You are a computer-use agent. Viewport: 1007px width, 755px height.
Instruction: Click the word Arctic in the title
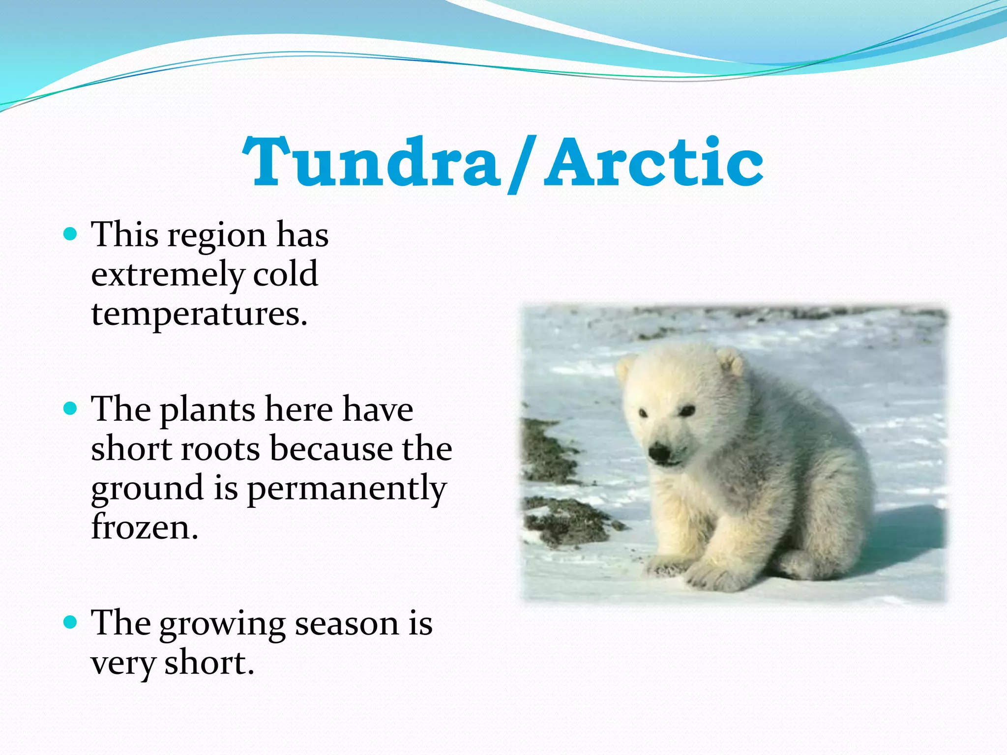tap(654, 162)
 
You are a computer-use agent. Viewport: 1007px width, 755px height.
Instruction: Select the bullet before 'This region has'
tap(71, 233)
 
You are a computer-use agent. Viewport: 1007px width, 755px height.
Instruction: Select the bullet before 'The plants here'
tap(71, 408)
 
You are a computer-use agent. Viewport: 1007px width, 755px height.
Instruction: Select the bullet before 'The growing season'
tap(71, 622)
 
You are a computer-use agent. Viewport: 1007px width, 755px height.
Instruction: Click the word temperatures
tap(199, 315)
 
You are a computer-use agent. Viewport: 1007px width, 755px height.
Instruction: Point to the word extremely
tap(167, 275)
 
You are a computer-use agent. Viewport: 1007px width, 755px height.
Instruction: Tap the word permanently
tap(347, 489)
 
